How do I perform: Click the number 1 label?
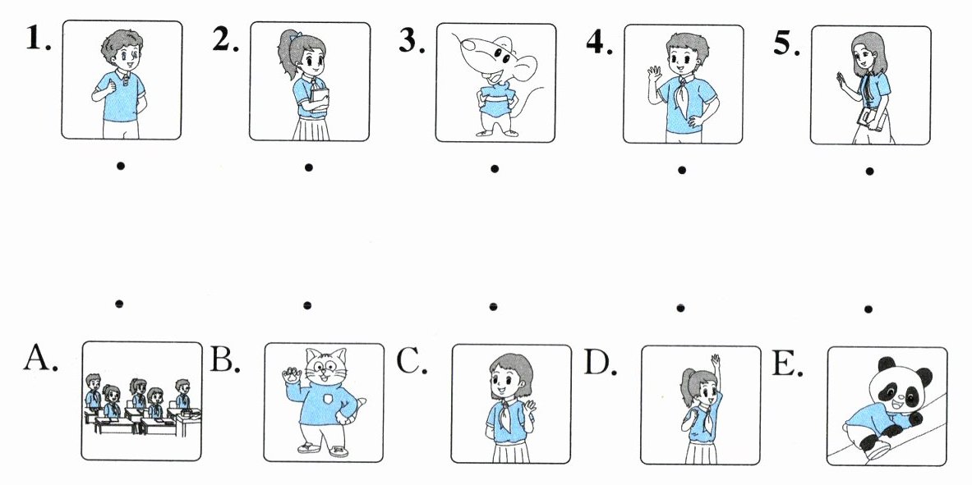[38, 39]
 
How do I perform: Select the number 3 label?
[412, 40]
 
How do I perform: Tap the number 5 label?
[786, 43]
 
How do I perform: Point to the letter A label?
[40, 358]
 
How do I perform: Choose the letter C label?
[412, 361]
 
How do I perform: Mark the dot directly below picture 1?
[120, 166]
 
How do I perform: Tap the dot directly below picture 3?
[494, 168]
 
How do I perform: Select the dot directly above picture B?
[306, 304]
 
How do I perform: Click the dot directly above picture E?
[868, 309]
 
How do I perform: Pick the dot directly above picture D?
[680, 307]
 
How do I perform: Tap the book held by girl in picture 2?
[320, 100]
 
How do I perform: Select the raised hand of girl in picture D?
[716, 360]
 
